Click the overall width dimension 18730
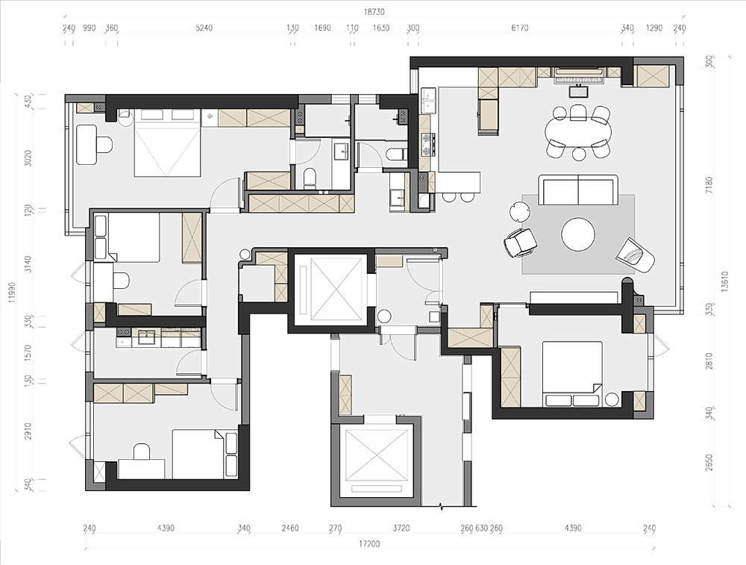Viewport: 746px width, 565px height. tap(374, 12)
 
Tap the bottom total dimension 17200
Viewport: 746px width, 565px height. tap(369, 543)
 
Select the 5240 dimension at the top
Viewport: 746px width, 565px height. tap(204, 28)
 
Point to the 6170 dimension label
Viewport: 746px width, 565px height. tap(519, 28)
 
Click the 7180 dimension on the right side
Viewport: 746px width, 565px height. tap(709, 184)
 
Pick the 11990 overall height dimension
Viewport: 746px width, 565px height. tap(12, 293)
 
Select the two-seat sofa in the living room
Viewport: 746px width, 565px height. tap(578, 190)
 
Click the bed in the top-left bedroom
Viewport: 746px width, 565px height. tap(166, 143)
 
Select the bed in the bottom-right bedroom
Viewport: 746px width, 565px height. tap(573, 374)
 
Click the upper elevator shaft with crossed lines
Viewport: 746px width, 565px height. tap(330, 290)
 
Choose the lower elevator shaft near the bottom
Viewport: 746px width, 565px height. tap(377, 461)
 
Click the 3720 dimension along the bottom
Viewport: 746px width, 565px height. tap(401, 528)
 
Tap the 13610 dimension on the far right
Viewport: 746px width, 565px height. tap(724, 281)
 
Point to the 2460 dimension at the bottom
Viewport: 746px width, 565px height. tap(290, 528)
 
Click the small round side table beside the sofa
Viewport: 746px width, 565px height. tap(519, 211)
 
